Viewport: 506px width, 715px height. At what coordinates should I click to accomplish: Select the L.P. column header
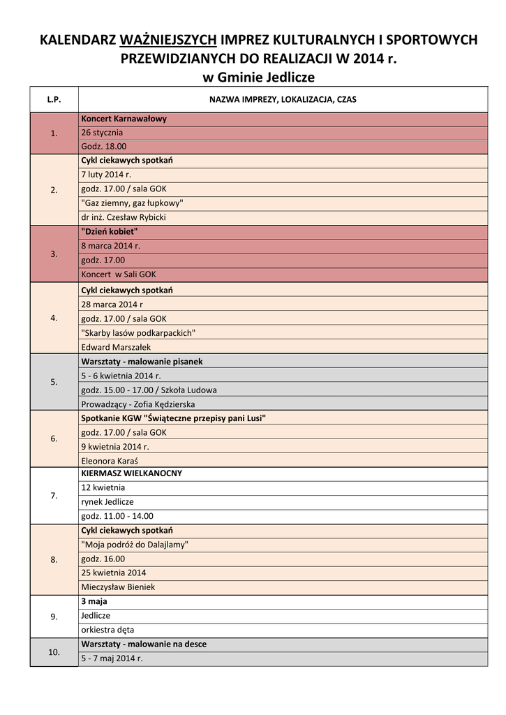[54, 99]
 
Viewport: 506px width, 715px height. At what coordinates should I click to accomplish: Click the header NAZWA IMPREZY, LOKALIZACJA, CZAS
[283, 99]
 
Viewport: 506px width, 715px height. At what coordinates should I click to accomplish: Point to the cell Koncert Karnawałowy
[124, 119]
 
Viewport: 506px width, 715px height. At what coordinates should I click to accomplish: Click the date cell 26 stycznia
[102, 133]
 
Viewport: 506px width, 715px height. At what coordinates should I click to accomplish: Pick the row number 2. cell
[54, 189]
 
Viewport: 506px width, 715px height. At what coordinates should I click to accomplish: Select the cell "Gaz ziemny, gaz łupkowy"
[132, 203]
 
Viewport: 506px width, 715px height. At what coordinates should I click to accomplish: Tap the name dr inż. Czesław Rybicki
[124, 217]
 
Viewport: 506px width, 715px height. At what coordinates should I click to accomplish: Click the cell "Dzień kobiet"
[110, 231]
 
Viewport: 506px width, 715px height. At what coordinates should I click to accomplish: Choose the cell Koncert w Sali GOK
[119, 274]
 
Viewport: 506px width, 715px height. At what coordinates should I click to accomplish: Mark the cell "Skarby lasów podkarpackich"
[138, 332]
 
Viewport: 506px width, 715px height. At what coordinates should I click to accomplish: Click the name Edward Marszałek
[116, 347]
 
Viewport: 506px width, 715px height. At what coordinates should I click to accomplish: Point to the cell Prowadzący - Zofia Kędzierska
[138, 404]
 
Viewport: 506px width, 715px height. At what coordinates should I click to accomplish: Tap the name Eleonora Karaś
[110, 461]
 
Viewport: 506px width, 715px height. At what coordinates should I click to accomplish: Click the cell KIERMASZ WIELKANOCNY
[131, 473]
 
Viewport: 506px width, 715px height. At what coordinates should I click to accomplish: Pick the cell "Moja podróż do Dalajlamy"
[135, 545]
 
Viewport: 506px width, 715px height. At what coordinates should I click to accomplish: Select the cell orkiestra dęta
[107, 630]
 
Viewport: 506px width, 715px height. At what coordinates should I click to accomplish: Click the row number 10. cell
[54, 651]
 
